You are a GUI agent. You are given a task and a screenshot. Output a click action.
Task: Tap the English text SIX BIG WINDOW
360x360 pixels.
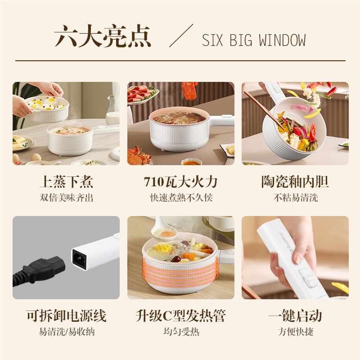click(253, 40)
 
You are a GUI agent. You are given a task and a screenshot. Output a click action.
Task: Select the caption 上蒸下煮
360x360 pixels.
click(66, 182)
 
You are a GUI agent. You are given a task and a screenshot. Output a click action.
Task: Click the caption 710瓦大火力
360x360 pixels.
click(180, 182)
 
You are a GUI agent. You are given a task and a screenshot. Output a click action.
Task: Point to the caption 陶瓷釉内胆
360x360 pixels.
click(295, 182)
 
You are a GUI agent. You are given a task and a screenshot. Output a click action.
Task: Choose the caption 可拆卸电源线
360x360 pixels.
click(66, 316)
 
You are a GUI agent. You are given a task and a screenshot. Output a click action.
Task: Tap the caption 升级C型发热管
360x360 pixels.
click(180, 316)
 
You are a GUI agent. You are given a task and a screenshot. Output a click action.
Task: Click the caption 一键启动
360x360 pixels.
click(295, 316)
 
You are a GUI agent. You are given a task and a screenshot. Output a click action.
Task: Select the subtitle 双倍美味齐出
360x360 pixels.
click(66, 198)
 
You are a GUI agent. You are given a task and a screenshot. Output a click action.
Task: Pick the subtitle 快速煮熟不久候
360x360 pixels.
click(180, 198)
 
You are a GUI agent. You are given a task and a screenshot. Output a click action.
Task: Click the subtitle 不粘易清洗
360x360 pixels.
click(295, 198)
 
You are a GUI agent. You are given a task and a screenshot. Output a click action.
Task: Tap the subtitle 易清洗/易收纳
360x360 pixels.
click(66, 332)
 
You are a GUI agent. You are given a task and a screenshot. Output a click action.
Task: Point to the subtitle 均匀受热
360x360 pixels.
click(180, 332)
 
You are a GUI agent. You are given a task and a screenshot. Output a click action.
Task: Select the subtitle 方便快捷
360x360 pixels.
click(295, 332)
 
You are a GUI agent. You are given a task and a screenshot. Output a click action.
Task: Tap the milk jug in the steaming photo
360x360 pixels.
click(112, 111)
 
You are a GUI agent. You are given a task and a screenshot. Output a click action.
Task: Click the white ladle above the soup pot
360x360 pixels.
click(163, 229)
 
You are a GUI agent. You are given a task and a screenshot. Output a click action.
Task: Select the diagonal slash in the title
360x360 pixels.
click(181, 36)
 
